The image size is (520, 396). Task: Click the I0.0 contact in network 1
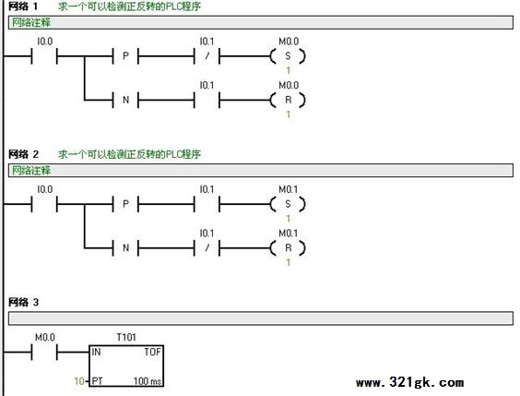click(x=44, y=56)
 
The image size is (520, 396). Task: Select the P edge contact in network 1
click(x=125, y=56)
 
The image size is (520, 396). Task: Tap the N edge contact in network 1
click(x=125, y=100)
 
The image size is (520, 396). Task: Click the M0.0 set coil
click(x=288, y=56)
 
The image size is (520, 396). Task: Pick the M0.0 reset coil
click(x=288, y=100)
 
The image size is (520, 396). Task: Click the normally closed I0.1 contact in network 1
click(x=207, y=56)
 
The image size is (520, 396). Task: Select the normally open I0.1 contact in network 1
click(x=207, y=100)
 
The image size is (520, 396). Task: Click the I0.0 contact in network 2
click(x=44, y=204)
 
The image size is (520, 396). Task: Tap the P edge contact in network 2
click(x=125, y=204)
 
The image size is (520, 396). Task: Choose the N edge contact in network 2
click(x=125, y=248)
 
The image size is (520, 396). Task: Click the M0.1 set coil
click(x=288, y=204)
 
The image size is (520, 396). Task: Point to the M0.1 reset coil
click(x=288, y=248)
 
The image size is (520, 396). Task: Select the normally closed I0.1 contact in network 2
click(x=207, y=248)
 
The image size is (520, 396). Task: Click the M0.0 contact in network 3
click(x=44, y=353)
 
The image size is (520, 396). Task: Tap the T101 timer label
click(x=126, y=338)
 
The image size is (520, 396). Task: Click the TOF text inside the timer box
click(x=152, y=352)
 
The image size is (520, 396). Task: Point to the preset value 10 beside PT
click(x=79, y=381)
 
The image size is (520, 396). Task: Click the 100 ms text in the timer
click(x=148, y=381)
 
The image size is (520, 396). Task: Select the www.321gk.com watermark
click(x=410, y=382)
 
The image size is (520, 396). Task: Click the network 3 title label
click(x=23, y=302)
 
